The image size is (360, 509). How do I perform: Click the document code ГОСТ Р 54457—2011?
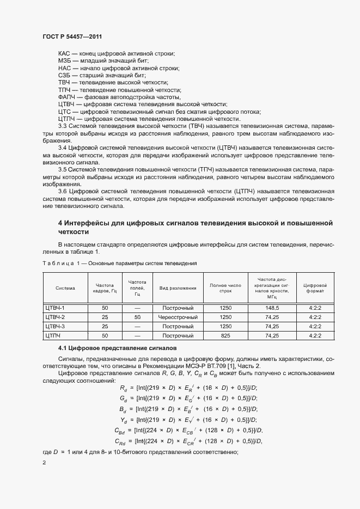pyautogui.click(x=72, y=36)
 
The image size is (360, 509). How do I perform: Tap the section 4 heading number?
pyautogui.click(x=60, y=223)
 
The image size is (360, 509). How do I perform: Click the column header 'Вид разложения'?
pyautogui.click(x=178, y=287)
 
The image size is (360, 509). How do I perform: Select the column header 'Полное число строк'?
pyautogui.click(x=225, y=287)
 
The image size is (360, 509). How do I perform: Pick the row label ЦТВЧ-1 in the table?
pyautogui.click(x=55, y=308)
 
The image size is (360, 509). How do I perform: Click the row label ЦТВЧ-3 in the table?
pyautogui.click(x=55, y=326)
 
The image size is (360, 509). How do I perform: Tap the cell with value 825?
pyautogui.click(x=225, y=335)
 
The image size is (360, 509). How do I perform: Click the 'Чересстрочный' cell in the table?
pyautogui.click(x=178, y=317)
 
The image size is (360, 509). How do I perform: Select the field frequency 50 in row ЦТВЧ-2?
pyautogui.click(x=137, y=317)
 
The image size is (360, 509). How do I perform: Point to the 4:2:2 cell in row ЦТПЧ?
pyautogui.click(x=315, y=335)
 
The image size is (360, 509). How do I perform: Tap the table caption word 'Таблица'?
pyautogui.click(x=57, y=263)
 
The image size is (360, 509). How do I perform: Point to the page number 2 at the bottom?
pyautogui.click(x=45, y=463)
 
